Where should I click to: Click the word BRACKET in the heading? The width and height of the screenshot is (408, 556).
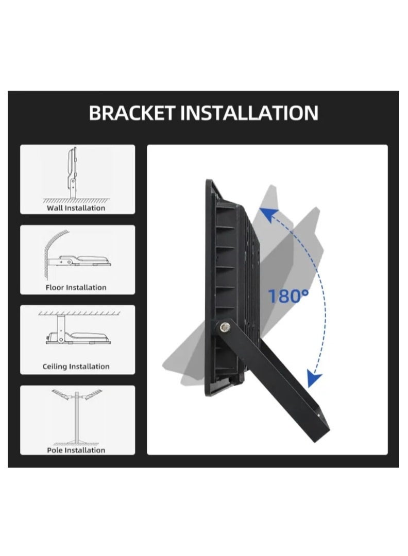pos(132,113)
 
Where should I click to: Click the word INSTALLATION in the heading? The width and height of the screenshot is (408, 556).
pos(249,113)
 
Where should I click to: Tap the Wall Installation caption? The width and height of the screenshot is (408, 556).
pos(76,208)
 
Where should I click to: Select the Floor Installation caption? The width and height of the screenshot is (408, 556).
pos(76,288)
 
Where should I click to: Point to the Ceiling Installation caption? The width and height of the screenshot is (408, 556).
pos(76,367)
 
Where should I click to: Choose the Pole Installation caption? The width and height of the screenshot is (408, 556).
pos(76,450)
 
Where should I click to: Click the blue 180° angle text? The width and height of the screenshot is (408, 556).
pos(288,296)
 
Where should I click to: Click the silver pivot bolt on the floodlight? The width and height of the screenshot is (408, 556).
pos(224,327)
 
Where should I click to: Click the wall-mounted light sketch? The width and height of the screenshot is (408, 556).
pos(72,173)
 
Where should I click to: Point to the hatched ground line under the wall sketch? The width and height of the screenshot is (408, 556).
pos(76,201)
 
